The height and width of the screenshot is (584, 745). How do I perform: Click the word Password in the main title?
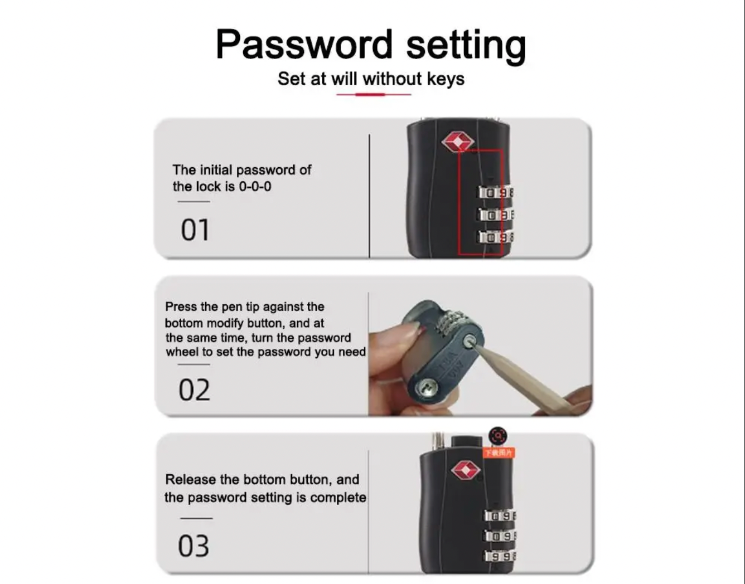(x=304, y=44)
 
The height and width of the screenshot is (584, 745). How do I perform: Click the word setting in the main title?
(x=466, y=46)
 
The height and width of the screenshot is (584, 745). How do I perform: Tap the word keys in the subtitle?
(x=446, y=79)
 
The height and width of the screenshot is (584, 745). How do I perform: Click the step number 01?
(x=195, y=230)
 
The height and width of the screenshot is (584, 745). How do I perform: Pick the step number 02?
(x=194, y=390)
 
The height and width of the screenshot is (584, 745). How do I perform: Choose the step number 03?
(x=193, y=546)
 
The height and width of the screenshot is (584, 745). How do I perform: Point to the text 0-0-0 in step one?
(x=255, y=187)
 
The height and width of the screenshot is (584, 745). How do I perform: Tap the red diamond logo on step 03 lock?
(x=465, y=470)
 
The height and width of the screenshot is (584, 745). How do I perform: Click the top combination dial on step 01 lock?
(x=495, y=193)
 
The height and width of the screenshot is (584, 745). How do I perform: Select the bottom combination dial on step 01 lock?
(x=495, y=237)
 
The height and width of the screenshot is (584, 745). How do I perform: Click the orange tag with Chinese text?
(x=499, y=452)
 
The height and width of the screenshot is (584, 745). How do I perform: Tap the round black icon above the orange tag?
(x=498, y=436)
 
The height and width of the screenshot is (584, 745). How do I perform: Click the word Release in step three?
(x=190, y=480)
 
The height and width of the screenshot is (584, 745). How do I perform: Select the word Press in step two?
(x=181, y=306)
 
